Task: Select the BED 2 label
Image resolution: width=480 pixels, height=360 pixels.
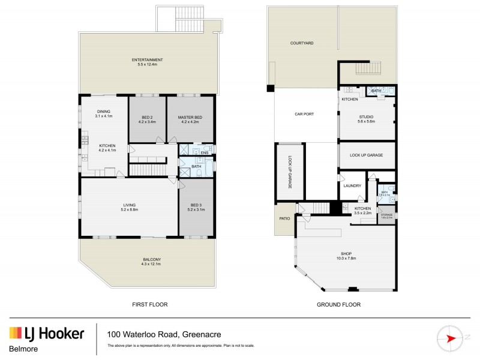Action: coord(148,119)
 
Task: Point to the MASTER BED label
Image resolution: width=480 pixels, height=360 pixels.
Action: coord(190,119)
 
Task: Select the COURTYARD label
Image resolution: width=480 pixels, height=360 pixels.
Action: coord(302,43)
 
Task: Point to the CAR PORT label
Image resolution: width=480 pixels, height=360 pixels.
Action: coord(305,114)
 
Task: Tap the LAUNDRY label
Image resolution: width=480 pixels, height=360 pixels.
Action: coord(352,186)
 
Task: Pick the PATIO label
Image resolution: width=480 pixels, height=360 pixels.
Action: coord(284,218)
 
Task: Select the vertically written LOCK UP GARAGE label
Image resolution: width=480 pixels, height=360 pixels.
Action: coord(289,172)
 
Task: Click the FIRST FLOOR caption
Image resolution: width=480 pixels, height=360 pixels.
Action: coord(149,305)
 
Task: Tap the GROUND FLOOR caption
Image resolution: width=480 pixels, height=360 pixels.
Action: coord(338,305)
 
